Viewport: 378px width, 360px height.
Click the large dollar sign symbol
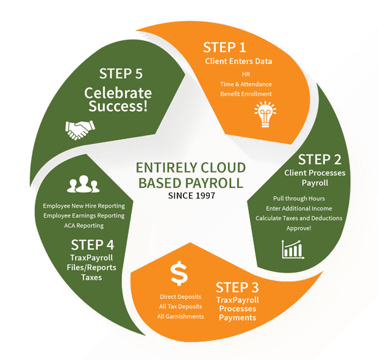(179, 274)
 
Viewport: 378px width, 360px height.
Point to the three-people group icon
(84, 184)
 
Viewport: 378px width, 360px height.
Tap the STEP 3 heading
(241, 287)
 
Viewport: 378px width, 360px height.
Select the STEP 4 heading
(93, 245)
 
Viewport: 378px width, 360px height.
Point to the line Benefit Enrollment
(247, 94)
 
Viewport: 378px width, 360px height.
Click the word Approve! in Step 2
(299, 228)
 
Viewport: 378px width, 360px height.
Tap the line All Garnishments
(180, 316)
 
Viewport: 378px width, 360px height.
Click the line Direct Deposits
(180, 297)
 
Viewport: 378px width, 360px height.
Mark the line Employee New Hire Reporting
(84, 206)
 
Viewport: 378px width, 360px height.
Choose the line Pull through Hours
(299, 198)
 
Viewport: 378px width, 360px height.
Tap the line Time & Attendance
(247, 84)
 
